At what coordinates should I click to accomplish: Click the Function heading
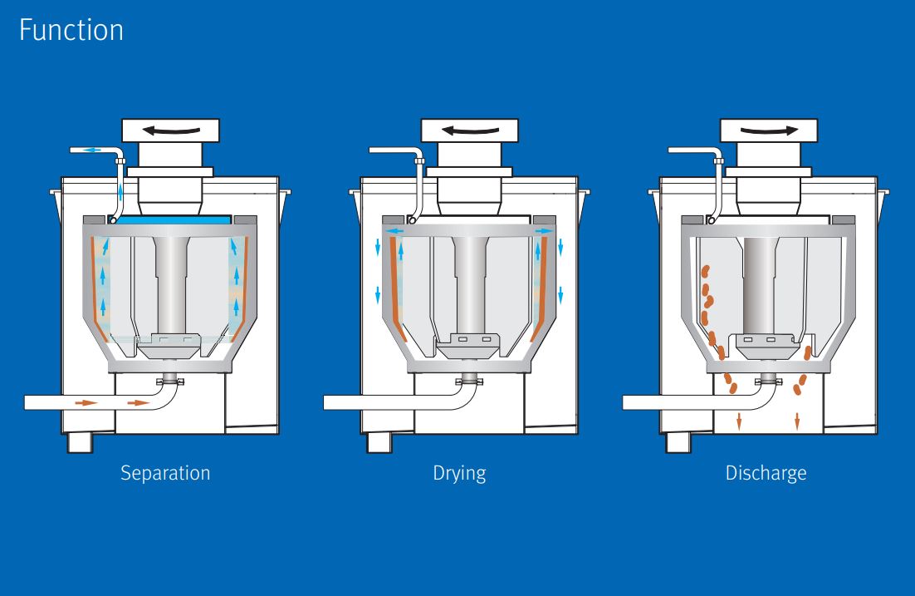[71, 31]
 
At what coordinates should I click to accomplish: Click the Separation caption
[165, 474]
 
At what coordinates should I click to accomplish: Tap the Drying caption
[459, 474]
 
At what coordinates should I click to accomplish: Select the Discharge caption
[766, 474]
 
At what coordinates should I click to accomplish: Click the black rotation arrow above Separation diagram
[171, 129]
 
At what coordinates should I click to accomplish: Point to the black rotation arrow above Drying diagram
[470, 129]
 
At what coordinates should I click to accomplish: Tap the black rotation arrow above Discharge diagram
[768, 129]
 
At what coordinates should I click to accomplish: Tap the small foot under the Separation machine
[80, 442]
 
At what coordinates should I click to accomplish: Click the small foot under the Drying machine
[379, 442]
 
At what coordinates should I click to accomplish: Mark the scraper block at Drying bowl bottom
[472, 342]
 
